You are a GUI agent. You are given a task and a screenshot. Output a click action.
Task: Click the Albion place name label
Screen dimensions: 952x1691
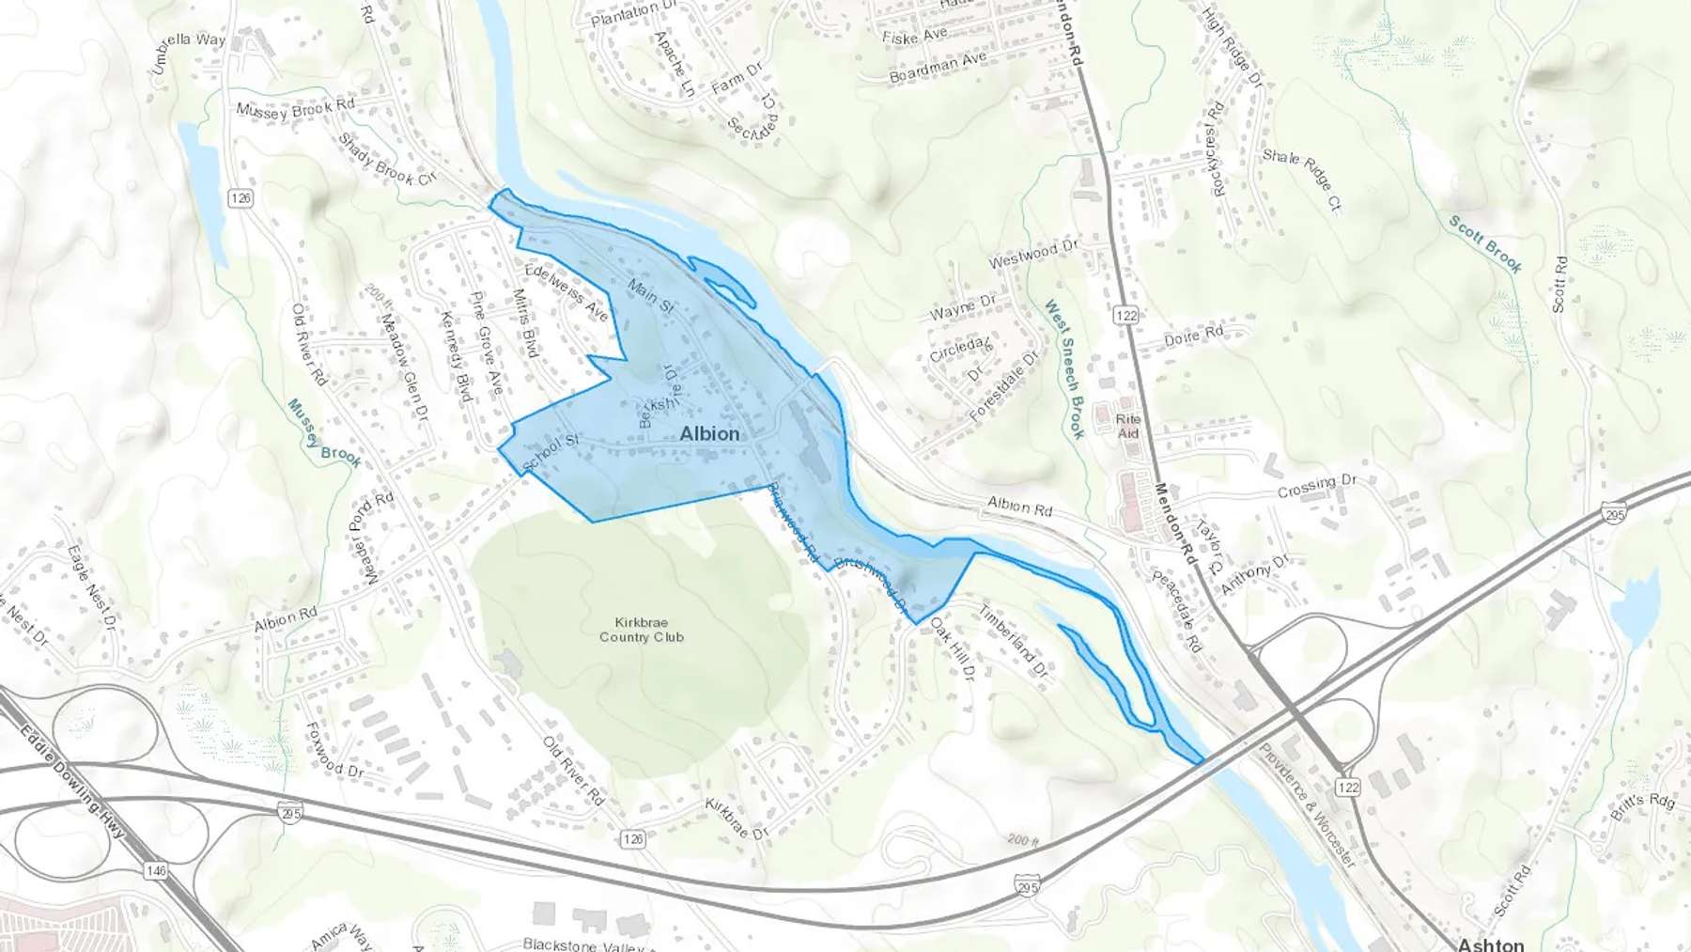point(709,433)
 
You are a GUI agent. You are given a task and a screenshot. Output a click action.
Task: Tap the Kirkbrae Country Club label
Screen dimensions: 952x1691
point(642,630)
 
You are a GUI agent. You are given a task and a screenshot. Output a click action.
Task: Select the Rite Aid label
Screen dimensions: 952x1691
point(1128,426)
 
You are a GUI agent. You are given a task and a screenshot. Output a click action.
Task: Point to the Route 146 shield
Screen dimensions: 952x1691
point(156,871)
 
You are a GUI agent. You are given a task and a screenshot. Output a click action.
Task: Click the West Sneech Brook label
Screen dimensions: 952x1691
point(1064,368)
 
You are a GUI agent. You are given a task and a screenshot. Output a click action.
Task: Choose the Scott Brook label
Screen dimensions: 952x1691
point(1484,243)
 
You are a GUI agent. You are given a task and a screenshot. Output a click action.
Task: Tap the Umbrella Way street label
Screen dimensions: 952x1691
point(189,53)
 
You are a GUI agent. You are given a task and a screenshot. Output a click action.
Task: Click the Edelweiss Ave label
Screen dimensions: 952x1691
point(566,291)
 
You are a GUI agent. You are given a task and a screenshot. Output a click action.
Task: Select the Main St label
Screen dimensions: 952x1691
point(650,296)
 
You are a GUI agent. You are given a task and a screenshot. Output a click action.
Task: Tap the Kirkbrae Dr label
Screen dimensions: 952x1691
point(737,819)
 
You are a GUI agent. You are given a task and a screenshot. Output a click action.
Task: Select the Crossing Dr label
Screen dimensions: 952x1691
point(1316,486)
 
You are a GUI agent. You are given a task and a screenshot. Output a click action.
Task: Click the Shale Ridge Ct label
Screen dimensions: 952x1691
point(1302,179)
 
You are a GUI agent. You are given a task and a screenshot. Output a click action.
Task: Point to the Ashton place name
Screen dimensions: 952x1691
point(1491,944)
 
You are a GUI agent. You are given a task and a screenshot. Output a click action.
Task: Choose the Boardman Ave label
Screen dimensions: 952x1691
point(938,67)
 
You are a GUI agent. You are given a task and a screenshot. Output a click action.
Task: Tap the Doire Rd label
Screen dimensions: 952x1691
point(1193,336)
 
